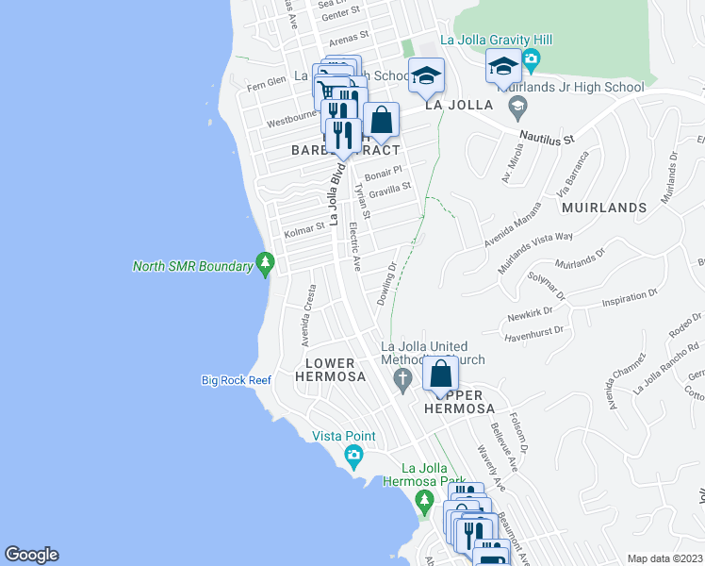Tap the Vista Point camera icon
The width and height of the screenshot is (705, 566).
[x=353, y=458]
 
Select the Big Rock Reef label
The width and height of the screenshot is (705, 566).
[x=236, y=380]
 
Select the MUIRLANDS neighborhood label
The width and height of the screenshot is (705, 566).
[x=604, y=207]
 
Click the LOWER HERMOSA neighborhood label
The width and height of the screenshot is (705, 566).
[x=330, y=370]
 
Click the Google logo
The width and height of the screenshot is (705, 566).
[x=31, y=555]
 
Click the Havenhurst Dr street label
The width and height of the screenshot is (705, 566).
[x=533, y=332]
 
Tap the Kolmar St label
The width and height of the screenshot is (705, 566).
[x=303, y=226]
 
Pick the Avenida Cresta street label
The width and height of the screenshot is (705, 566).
[x=306, y=312]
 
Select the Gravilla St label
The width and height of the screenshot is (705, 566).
[x=390, y=189]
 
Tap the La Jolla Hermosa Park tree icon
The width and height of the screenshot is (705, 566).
[x=425, y=499]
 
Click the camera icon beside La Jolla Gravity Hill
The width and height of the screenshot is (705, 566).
[x=531, y=60]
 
